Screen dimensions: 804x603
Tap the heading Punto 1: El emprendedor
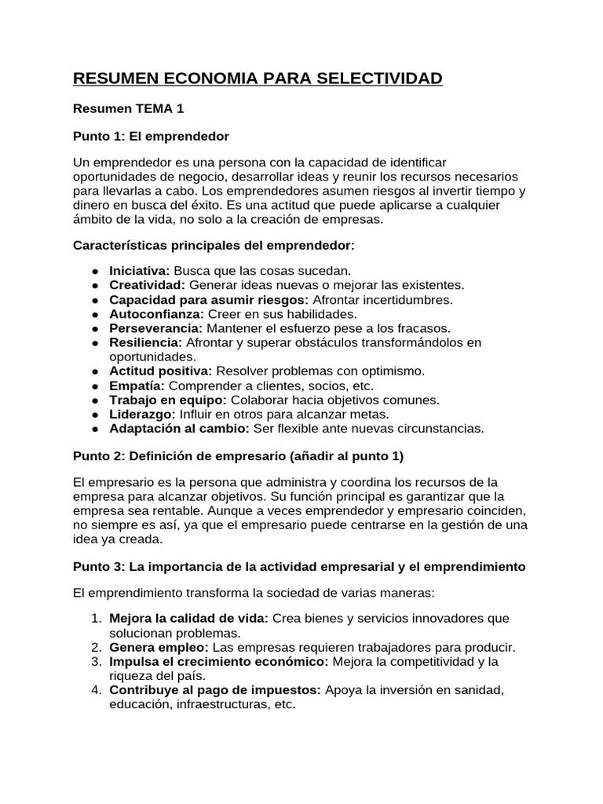(151, 137)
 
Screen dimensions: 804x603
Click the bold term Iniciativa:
(140, 270)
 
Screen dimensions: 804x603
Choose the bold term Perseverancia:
(155, 328)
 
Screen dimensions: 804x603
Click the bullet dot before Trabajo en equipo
(94, 400)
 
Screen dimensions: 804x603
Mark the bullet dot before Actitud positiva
(94, 371)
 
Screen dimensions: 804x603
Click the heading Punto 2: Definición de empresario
(238, 457)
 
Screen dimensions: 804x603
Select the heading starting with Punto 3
(299, 566)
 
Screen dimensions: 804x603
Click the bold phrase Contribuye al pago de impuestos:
(215, 690)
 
